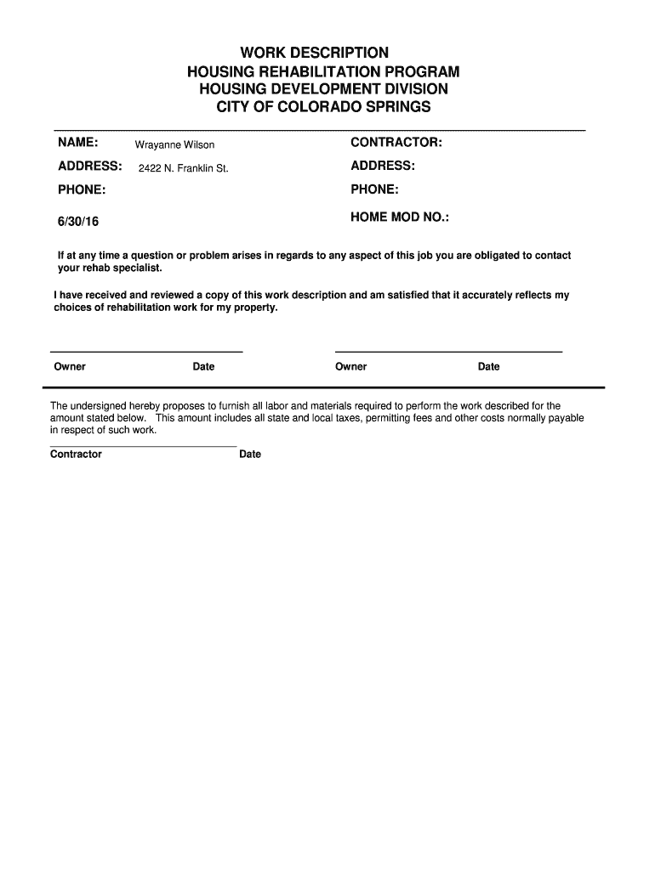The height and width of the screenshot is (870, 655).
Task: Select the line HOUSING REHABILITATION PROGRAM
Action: tap(323, 71)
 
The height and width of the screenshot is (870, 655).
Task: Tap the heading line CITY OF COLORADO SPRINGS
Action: tap(323, 107)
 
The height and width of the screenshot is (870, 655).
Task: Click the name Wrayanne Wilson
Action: tap(174, 145)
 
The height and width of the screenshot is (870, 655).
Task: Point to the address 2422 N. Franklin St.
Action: tap(184, 169)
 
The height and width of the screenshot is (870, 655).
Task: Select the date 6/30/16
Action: tap(78, 221)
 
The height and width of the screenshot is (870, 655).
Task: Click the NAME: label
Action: tap(77, 141)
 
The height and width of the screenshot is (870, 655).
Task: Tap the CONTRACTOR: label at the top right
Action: tap(396, 141)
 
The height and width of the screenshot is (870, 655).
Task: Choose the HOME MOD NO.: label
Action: tap(400, 217)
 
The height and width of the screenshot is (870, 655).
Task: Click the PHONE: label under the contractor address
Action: tap(374, 189)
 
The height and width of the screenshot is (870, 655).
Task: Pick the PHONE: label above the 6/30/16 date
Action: tap(82, 189)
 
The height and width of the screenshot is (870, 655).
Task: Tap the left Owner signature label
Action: tap(70, 367)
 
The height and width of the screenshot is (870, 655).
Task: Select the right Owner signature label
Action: tap(350, 367)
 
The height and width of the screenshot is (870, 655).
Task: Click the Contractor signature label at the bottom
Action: tap(76, 455)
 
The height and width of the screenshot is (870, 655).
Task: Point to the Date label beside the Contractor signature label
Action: tap(250, 455)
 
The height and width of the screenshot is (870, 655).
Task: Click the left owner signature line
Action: tap(146, 351)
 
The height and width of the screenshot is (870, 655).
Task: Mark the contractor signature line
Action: tap(143, 445)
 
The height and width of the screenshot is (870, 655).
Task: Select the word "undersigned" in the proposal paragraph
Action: tap(97, 406)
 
